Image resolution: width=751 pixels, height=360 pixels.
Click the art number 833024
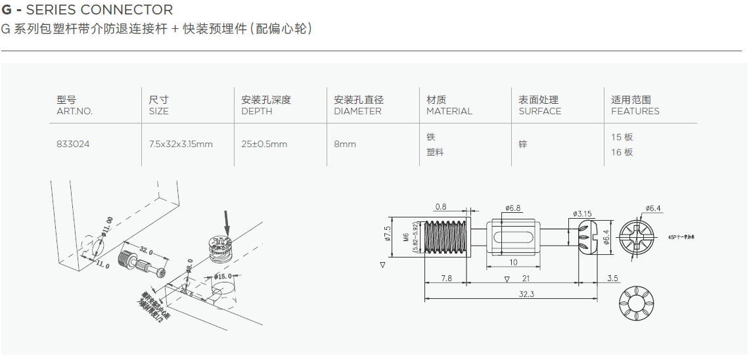point(73,144)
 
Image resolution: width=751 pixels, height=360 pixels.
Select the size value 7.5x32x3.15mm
point(181,144)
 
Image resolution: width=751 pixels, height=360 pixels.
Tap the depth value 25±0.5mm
point(264,144)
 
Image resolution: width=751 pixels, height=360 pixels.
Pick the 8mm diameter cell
point(345,144)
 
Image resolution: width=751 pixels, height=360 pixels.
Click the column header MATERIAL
point(449,111)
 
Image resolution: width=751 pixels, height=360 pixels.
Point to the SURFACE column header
point(539,111)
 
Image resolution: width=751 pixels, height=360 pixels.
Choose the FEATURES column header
point(635,111)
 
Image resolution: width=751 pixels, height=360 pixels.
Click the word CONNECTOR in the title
point(132,10)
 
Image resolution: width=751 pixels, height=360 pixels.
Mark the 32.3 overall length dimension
point(526,294)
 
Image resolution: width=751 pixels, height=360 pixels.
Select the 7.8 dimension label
point(445,279)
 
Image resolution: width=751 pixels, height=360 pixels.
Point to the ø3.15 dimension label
point(583,214)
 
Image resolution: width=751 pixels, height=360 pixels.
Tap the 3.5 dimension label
point(612,279)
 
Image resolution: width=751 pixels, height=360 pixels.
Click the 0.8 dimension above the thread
point(440,207)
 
